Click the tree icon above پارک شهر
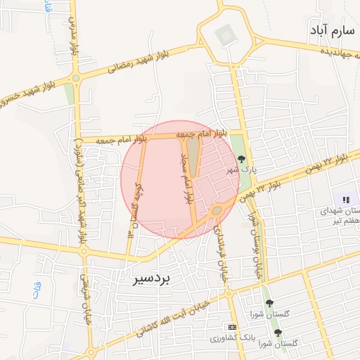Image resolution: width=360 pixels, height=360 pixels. (243, 160)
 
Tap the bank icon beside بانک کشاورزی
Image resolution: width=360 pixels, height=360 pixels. (232, 327)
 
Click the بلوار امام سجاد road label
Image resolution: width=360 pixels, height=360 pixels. (187, 175)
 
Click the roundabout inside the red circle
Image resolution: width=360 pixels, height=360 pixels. (217, 210)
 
